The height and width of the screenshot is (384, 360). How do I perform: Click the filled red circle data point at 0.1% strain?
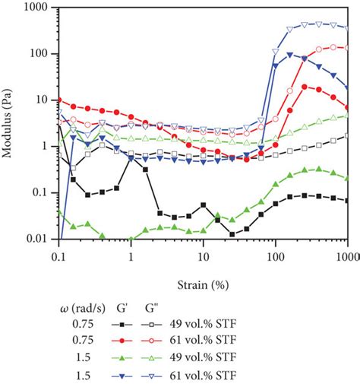[58, 100]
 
